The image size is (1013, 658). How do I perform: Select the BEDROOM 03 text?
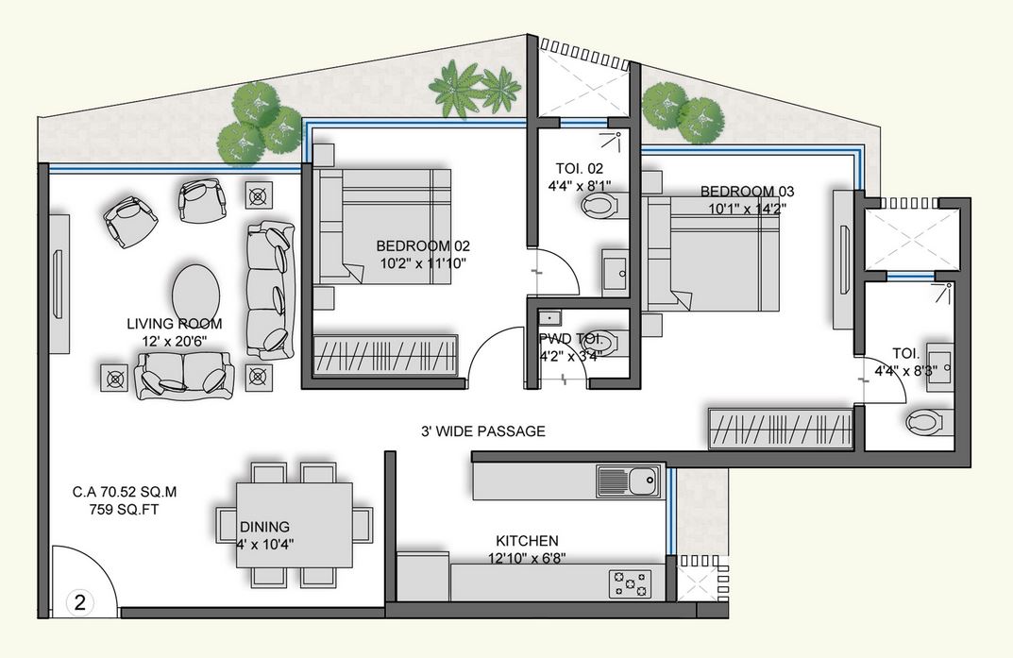pos(743,191)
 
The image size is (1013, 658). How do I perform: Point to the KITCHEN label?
pos(527,541)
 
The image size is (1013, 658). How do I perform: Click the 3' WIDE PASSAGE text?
pos(482,431)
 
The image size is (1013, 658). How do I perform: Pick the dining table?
pos(294,525)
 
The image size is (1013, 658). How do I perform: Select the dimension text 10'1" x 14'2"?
pos(742,208)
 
